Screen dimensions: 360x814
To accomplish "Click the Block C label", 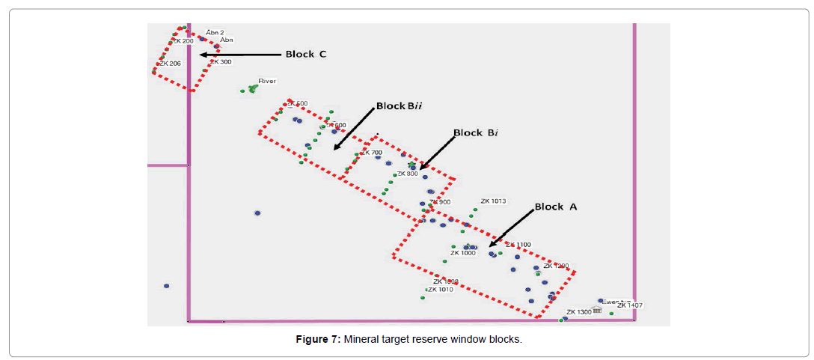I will pos(305,54).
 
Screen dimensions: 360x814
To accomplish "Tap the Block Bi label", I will pos(476,133).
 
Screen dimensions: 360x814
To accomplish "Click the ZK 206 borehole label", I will pos(170,64).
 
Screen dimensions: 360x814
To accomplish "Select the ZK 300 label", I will pos(221,61).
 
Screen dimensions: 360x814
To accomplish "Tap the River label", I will pos(267,80).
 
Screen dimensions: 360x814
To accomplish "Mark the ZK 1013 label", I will pos(494,201).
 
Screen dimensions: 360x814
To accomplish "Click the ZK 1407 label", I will pos(630,305).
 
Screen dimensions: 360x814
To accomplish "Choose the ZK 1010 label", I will pos(441,289).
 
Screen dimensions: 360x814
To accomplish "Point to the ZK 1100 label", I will pos(518,245).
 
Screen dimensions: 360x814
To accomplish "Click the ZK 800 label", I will pos(408,174).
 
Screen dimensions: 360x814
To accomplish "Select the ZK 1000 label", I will pos(462,253).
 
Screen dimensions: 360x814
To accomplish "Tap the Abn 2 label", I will pos(215,33).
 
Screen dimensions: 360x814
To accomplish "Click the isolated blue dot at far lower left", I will pos(166,286).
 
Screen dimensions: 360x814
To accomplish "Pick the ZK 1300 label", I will pos(579,312).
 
